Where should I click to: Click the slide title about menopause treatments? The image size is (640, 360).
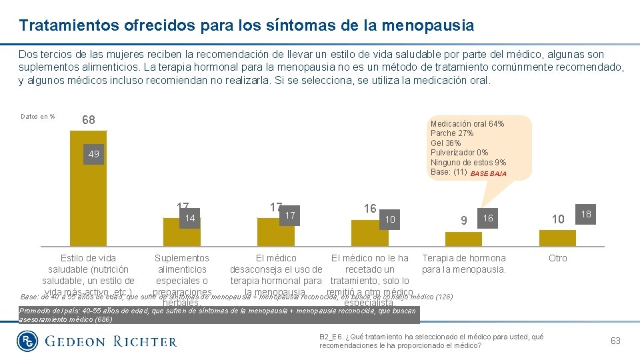[247, 25]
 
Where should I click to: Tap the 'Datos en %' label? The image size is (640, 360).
[38, 117]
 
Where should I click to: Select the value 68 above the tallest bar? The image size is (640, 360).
[88, 120]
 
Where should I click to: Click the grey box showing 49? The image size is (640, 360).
[93, 155]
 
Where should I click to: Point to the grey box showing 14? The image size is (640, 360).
[190, 218]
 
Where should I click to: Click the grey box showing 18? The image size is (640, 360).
[586, 215]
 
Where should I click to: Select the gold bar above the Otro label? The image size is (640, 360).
[557, 238]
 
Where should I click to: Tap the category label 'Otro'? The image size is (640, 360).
[557, 258]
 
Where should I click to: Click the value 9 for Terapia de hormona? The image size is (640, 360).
[464, 219]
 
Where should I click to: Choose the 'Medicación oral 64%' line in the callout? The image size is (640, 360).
[467, 124]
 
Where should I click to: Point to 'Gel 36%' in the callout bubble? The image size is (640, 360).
[446, 143]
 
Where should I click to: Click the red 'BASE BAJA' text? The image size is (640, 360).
[488, 173]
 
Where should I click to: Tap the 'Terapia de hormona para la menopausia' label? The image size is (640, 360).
[464, 264]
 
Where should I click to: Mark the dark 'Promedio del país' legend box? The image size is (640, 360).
[217, 315]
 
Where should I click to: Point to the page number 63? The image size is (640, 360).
[615, 341]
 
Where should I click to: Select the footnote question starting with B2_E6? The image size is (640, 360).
[431, 341]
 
